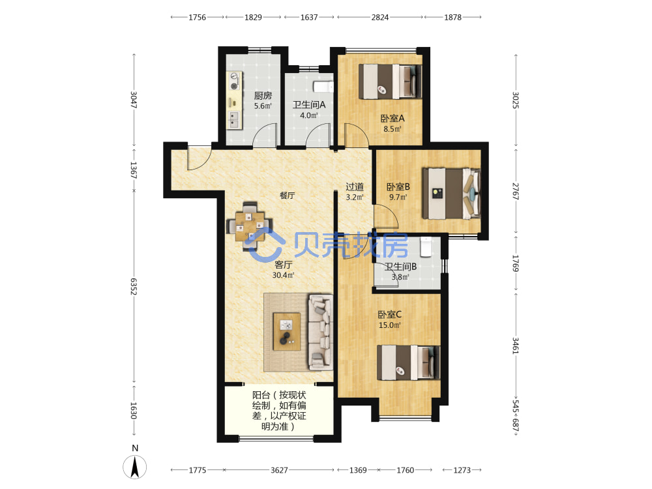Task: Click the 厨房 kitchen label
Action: pos(263,96)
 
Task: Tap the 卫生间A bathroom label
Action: pos(309,105)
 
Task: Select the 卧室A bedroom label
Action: pos(393,119)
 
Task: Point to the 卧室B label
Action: pos(398,187)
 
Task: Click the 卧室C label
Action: pos(390,315)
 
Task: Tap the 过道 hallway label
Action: pos(355,187)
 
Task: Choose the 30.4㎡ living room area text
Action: pos(283,275)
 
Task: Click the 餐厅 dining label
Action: pos(287,195)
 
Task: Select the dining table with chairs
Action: pos(250,227)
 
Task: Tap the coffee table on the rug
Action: pos(286,332)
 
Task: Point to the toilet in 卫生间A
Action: pos(323,87)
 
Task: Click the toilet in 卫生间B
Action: pos(425,247)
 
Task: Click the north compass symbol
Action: pos(135,467)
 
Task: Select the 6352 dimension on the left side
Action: pos(134,286)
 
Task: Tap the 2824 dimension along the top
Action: pos(380,18)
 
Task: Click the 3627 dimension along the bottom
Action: pos(279,470)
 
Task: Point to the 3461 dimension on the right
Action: pos(516,346)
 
